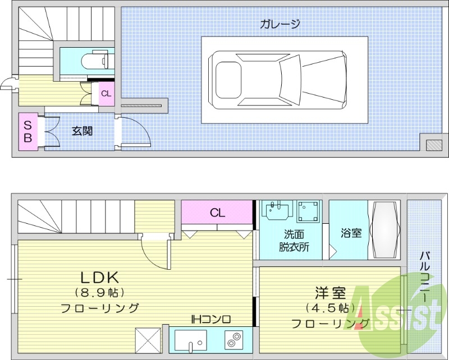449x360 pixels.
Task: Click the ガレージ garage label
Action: click(x=280, y=24)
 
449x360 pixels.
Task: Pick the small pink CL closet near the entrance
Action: click(x=106, y=94)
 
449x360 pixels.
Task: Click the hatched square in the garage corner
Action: click(x=433, y=145)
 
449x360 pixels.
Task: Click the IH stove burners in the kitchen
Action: click(x=233, y=340)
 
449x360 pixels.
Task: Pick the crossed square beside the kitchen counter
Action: click(x=148, y=340)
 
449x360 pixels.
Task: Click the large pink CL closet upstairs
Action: click(x=217, y=213)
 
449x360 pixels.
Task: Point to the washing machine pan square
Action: click(x=308, y=212)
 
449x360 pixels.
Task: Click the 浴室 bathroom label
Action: click(x=351, y=233)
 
